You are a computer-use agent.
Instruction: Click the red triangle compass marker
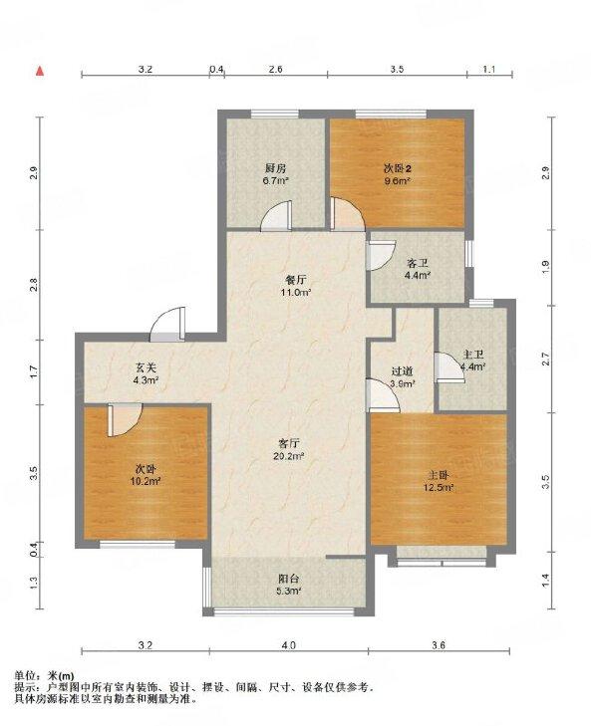tap(40, 71)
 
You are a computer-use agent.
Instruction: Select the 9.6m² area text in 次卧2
tap(397, 182)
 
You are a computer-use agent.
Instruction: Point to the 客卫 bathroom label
tap(417, 263)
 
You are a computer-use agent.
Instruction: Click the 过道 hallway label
tap(402, 371)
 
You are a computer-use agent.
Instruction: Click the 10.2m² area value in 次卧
tap(147, 480)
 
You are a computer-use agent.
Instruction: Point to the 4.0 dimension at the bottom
tap(288, 647)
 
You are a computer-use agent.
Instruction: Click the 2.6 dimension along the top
tap(275, 69)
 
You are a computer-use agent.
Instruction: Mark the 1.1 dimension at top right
tap(488, 69)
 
